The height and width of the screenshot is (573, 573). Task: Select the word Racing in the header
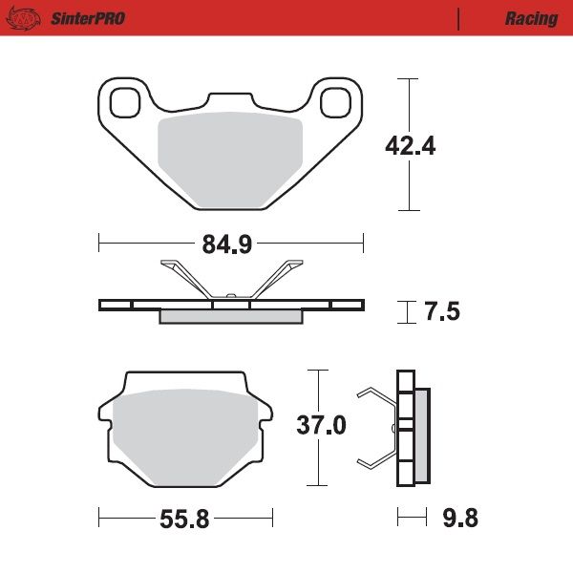pyautogui.click(x=531, y=18)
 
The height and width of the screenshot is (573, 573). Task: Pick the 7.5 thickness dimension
pyautogui.click(x=440, y=311)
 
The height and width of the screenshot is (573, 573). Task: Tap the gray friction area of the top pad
pyautogui.click(x=229, y=158)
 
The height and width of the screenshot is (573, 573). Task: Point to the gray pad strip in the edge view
pyautogui.click(x=229, y=317)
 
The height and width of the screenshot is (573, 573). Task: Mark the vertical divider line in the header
pyautogui.click(x=460, y=18)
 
